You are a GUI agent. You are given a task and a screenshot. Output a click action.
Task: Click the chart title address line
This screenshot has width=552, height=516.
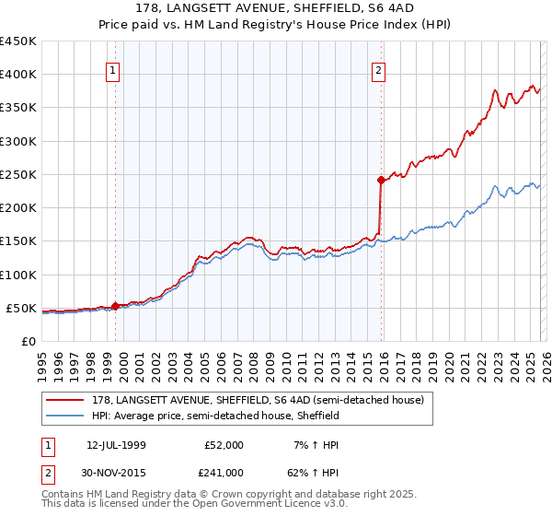pos(276,9)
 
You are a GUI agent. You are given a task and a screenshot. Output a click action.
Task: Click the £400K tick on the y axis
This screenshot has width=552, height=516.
pos(17,75)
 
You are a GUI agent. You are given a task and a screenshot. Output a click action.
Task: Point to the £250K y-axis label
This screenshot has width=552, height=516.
pos(17,174)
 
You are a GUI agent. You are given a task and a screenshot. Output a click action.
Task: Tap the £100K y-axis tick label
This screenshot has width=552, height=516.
pos(17,275)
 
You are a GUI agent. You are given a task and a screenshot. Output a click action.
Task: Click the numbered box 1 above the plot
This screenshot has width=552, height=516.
pos(112,69)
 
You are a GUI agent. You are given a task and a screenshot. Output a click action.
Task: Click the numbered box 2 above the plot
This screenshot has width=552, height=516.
pos(378,69)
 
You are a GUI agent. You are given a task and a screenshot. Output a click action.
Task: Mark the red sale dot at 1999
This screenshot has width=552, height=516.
pos(115,306)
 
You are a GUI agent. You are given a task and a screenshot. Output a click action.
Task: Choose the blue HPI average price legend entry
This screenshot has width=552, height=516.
pos(216,416)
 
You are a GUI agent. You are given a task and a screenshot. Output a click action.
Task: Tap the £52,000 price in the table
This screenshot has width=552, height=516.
pos(224,445)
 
